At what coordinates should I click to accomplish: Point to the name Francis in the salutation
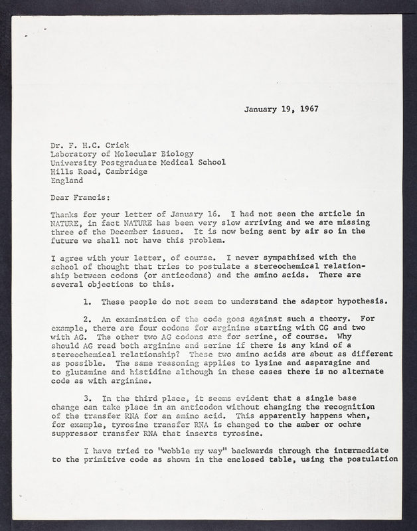[96, 196]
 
